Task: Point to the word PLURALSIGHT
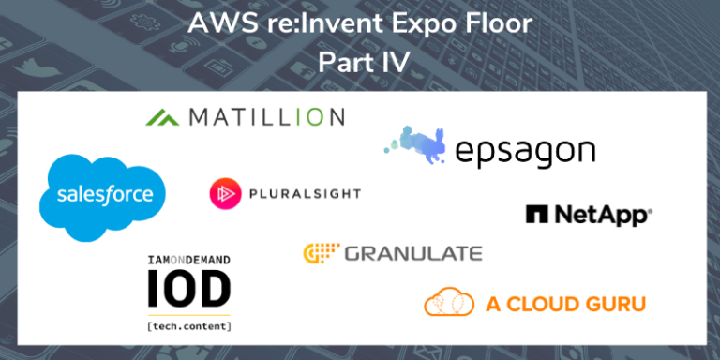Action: tap(304, 193)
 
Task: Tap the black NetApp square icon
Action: tap(536, 215)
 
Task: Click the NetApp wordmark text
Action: tap(601, 215)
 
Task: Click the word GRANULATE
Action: tap(413, 253)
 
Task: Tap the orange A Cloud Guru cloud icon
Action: tap(448, 303)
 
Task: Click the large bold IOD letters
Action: tap(188, 290)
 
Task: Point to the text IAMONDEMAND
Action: tap(188, 259)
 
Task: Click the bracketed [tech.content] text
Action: tap(188, 325)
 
